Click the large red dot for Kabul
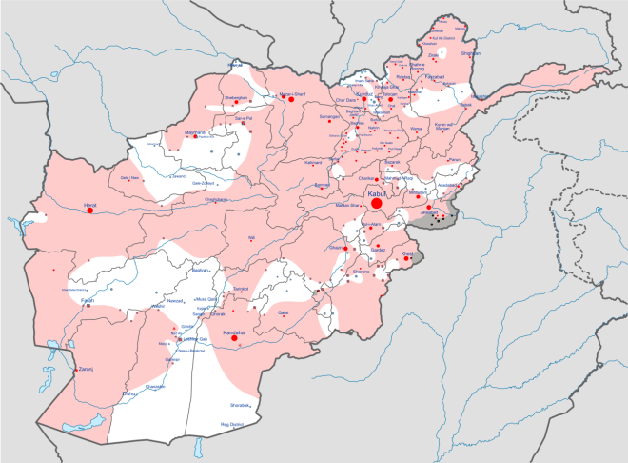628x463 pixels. (377, 203)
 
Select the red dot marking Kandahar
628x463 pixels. (234, 337)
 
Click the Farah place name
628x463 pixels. (87, 300)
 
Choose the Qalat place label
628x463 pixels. (282, 312)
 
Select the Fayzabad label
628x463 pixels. (435, 75)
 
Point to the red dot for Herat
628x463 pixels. (90, 211)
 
